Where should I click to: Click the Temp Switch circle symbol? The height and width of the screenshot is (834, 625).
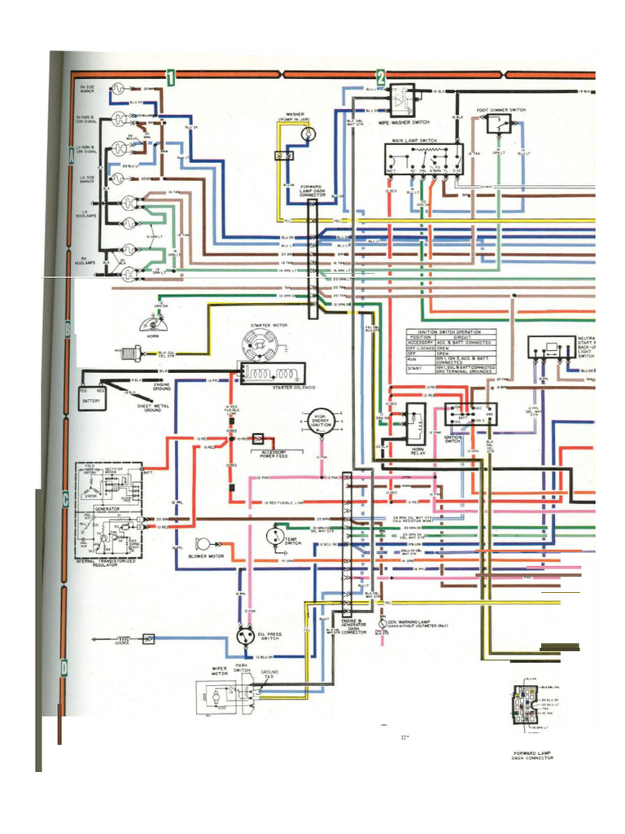coord(275,535)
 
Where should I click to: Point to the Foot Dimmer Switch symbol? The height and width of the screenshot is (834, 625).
coord(499,124)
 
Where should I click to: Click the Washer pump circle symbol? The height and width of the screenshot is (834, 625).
coord(308,134)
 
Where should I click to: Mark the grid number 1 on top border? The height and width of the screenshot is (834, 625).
coord(172,77)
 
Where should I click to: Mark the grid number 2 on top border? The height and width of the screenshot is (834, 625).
coord(381,77)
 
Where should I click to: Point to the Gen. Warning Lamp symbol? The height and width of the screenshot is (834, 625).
coord(382,624)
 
